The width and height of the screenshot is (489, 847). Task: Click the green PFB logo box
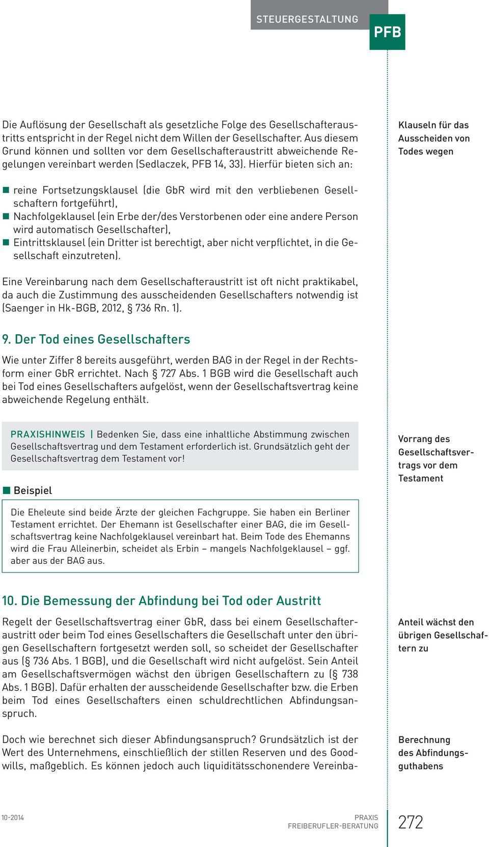387,32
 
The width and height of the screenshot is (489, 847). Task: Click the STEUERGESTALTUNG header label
307,19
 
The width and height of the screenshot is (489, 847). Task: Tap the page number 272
411,822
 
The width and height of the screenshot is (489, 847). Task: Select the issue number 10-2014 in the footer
13,817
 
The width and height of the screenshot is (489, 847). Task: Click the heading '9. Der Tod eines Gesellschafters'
96,339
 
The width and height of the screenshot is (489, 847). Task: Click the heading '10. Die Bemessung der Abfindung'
161,600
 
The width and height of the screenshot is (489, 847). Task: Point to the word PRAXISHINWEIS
48,434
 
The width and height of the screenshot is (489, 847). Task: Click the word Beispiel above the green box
33,490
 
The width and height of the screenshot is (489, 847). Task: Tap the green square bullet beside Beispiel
6,490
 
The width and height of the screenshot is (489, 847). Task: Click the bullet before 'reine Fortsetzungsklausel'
6,190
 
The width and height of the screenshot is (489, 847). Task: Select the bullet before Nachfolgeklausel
6,216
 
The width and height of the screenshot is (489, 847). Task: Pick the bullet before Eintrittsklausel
6,242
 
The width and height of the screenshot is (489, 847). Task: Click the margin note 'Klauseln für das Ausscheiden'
433,138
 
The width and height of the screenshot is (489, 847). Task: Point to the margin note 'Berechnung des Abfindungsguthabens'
433,753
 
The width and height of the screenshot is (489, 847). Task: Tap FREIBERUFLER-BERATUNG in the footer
333,826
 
